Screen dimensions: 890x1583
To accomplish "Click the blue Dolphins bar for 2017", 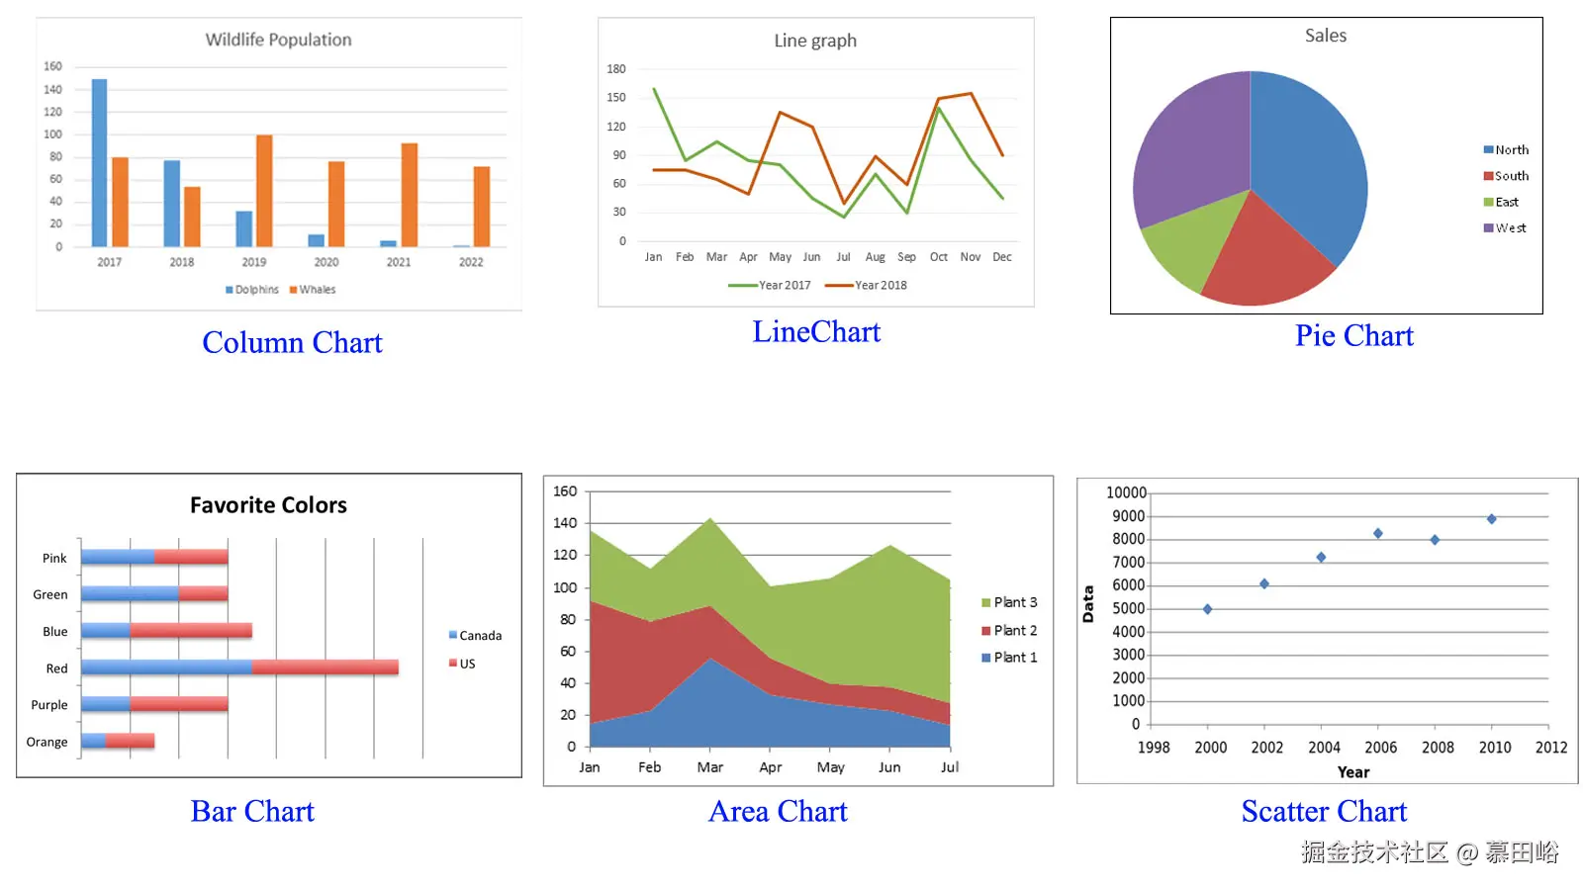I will [99, 163].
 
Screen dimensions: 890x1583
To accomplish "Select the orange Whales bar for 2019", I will [264, 191].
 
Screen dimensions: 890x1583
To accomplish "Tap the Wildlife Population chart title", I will [278, 40].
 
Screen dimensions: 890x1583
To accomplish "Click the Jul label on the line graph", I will [843, 257].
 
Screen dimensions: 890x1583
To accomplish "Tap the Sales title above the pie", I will [1325, 36].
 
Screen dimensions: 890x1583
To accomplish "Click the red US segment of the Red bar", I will [325, 667].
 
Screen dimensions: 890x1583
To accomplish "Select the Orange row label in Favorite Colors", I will [47, 742].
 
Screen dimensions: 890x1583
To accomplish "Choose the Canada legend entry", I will [480, 636].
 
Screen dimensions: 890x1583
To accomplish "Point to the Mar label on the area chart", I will [709, 767].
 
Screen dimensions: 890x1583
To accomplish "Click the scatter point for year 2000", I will [1207, 609].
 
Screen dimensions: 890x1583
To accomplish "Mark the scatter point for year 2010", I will [1491, 519].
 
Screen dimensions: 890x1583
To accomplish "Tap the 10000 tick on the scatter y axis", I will [1126, 492].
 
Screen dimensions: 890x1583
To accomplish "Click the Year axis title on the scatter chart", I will [1352, 772].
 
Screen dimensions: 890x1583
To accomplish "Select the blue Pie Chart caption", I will [1353, 336].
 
